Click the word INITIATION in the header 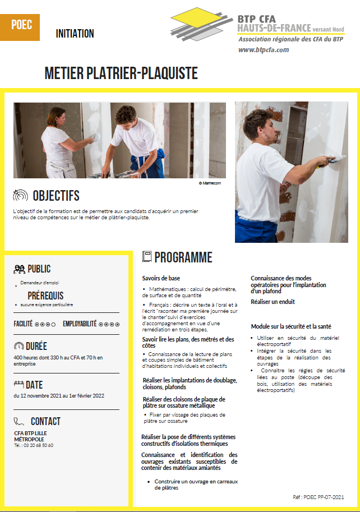tap(75, 34)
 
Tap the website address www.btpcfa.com tap(264, 50)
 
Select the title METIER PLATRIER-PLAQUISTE tap(121, 74)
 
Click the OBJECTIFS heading tap(56, 196)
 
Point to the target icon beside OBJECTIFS tap(20, 196)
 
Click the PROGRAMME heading tap(183, 257)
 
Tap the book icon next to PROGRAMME tap(147, 257)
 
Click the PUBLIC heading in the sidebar tap(39, 269)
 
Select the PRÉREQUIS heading tap(45, 296)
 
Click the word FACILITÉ tap(23, 324)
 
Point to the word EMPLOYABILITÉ tap(80, 324)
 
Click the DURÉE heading tap(36, 346)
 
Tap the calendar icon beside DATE tap(19, 385)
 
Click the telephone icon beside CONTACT tap(19, 421)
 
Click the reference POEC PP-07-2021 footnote tap(318, 497)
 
